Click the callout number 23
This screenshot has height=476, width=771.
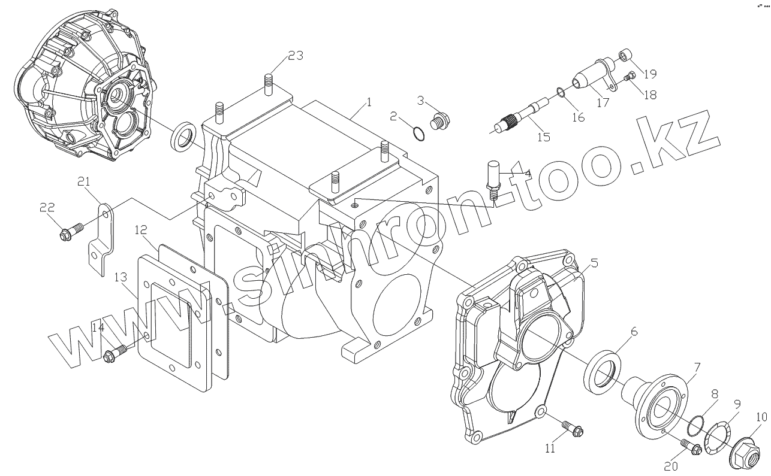(x=296, y=56)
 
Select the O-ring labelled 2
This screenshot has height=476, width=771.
(x=420, y=134)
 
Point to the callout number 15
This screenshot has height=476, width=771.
(x=543, y=138)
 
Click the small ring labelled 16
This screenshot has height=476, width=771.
(x=559, y=92)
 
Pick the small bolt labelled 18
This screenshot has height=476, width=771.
(x=630, y=76)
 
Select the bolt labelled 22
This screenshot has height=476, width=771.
(x=66, y=233)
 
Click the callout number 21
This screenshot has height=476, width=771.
(x=84, y=182)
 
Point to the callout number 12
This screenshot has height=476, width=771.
(x=140, y=230)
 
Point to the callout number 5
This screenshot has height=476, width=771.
(x=594, y=262)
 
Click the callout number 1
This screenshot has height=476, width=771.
(x=369, y=102)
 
